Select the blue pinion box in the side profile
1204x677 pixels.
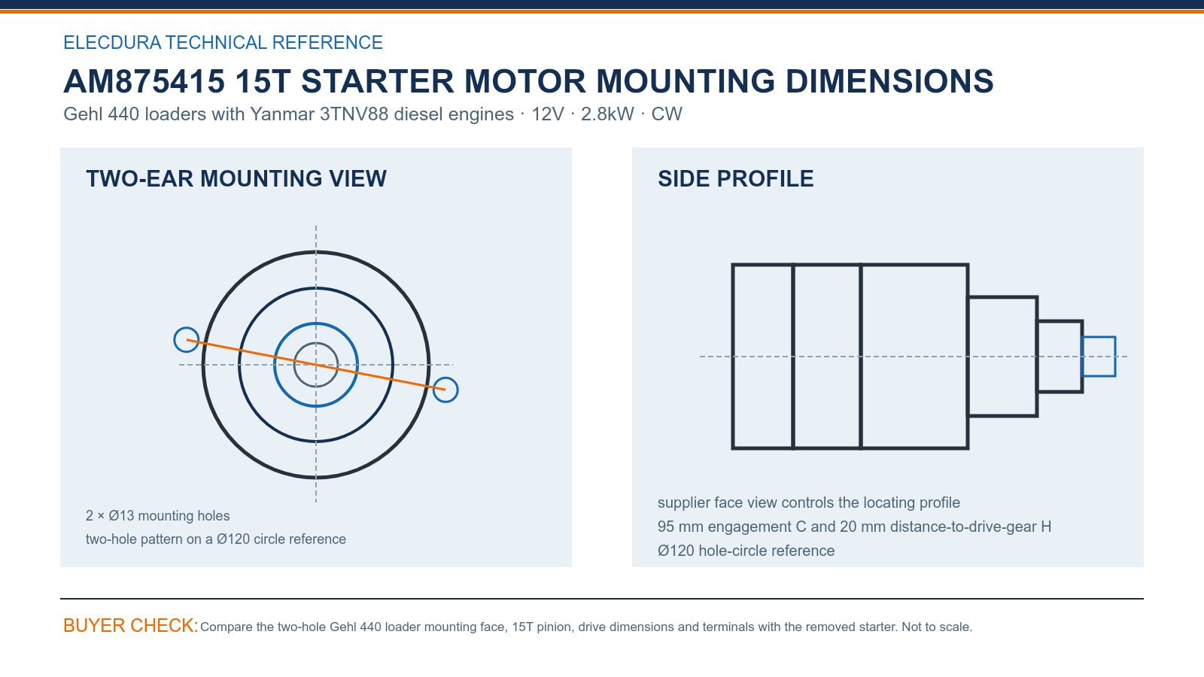click(x=1099, y=338)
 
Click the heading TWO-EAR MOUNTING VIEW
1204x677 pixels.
click(x=236, y=179)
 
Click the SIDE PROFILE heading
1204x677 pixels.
click(x=735, y=179)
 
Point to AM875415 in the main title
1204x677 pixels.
click(x=144, y=81)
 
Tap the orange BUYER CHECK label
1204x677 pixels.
click(x=130, y=625)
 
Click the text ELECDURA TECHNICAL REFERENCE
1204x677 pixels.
click(x=223, y=42)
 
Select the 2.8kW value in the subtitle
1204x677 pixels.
click(x=607, y=114)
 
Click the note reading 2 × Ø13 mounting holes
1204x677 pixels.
click(x=157, y=516)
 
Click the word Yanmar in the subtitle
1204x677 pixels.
click(x=282, y=114)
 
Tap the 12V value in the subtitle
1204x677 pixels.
click(x=548, y=114)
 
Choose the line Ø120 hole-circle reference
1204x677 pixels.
click(x=746, y=551)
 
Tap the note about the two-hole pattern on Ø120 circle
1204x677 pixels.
click(x=215, y=539)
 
